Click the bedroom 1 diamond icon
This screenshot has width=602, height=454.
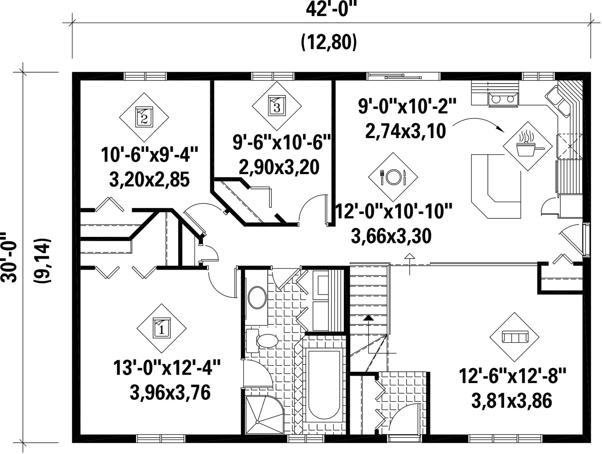tap(162, 328)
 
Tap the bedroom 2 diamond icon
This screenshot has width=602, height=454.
tap(144, 117)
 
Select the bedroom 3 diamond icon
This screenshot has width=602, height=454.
tap(277, 106)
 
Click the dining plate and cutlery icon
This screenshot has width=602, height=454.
tap(393, 177)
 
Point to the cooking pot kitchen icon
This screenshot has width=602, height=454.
tap(528, 146)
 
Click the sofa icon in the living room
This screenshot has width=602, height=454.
tap(514, 337)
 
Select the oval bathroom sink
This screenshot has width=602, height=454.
tap(257, 297)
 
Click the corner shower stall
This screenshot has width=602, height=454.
tap(264, 415)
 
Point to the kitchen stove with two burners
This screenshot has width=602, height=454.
tap(503, 99)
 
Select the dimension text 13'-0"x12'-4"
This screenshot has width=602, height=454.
tap(167, 368)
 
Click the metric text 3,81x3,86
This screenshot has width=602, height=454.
tap(512, 401)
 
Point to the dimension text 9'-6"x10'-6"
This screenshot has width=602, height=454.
tap(282, 143)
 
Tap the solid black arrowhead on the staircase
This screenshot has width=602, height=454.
tap(369, 317)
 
